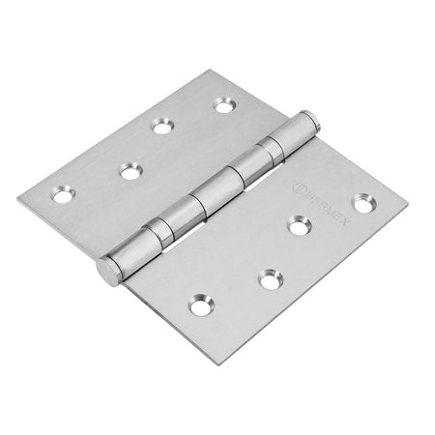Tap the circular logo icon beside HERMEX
tap(298, 188)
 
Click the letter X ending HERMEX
tap(342, 220)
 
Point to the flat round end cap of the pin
tap(107, 272)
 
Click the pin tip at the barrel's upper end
tap(311, 118)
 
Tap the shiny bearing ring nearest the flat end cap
tap(159, 232)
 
